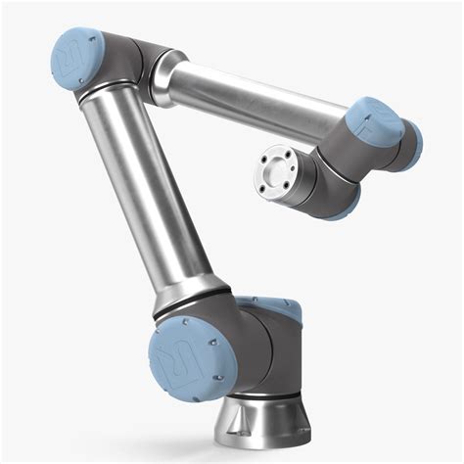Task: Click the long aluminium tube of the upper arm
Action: pos(157,196)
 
